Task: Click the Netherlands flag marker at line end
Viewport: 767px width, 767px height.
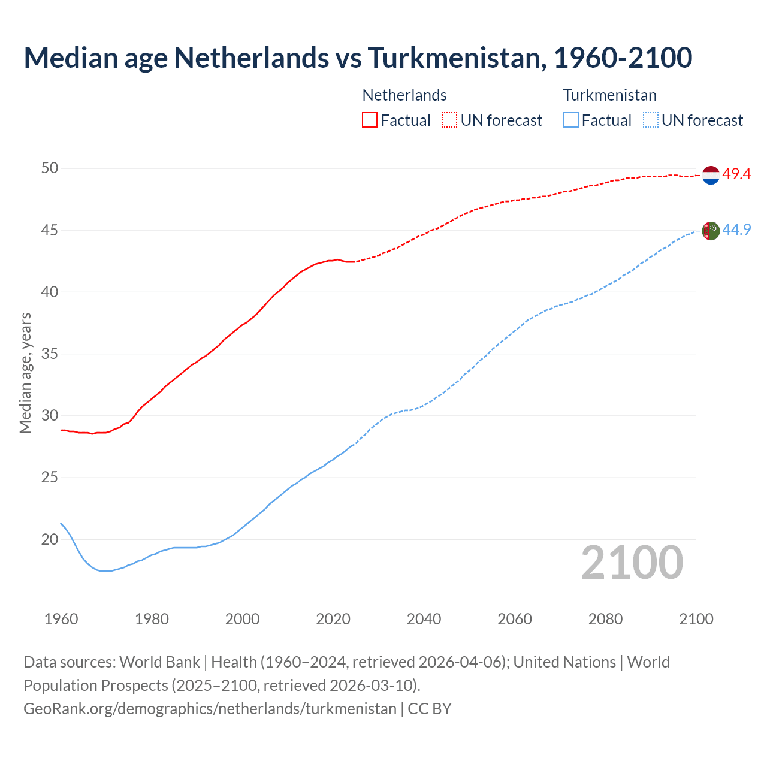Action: click(710, 175)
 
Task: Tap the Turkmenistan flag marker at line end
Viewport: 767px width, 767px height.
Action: click(710, 231)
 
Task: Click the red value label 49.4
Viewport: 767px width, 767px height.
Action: click(736, 174)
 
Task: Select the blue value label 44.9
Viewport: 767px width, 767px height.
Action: click(736, 230)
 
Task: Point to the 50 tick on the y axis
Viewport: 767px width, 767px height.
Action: click(50, 168)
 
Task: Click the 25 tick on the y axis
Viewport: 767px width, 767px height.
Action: click(50, 478)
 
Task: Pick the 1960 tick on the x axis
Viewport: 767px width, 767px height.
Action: click(61, 619)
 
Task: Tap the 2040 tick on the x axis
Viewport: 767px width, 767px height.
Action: click(424, 619)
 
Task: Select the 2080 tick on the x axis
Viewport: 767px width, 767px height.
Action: click(605, 619)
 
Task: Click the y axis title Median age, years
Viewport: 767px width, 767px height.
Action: click(25, 373)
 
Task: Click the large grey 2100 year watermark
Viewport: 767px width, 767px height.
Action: click(632, 563)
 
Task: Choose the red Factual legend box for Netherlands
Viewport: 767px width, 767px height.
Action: click(370, 120)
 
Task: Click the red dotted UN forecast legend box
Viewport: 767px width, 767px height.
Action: click(449, 120)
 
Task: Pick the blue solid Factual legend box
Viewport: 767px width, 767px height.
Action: click(571, 120)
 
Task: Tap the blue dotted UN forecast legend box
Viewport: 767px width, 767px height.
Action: click(651, 120)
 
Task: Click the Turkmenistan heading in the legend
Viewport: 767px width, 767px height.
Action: click(609, 95)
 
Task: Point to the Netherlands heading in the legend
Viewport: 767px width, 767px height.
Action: click(404, 95)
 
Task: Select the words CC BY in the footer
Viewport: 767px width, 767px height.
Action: click(430, 709)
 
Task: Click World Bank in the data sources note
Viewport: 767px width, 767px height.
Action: click(159, 662)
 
